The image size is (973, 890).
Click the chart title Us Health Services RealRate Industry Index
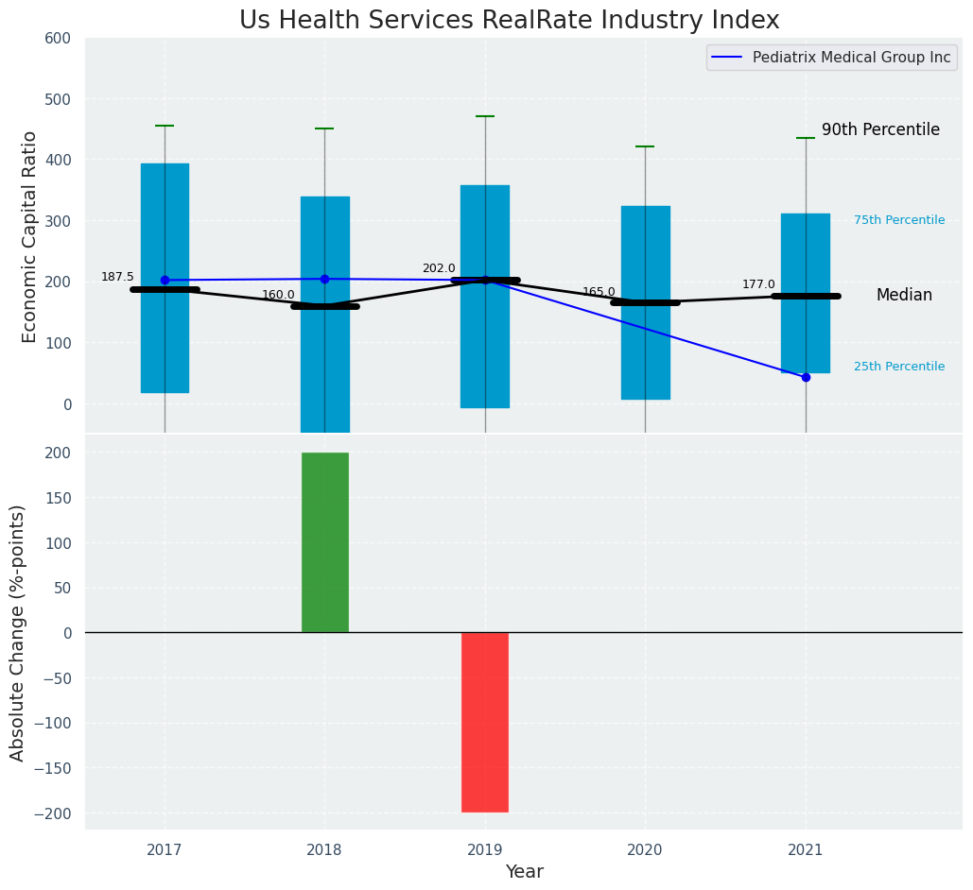[x=509, y=21]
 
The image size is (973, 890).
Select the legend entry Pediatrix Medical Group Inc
[x=851, y=58]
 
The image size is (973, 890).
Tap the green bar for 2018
[x=324, y=542]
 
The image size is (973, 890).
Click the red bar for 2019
[x=485, y=722]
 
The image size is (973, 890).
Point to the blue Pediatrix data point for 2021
[x=806, y=377]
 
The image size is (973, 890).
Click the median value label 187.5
[x=117, y=277]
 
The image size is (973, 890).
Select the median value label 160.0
[x=278, y=295]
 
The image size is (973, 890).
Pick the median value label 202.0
[x=439, y=268]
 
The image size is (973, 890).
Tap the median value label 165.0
[x=599, y=292]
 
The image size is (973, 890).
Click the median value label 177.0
[x=758, y=284]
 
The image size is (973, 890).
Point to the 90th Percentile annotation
[x=880, y=130]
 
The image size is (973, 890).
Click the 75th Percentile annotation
[x=898, y=220]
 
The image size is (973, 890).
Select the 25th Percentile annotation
[x=898, y=367]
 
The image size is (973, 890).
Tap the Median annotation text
[x=904, y=296]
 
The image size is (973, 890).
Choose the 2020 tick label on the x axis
[x=645, y=850]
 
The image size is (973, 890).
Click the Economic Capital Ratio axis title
[x=29, y=236]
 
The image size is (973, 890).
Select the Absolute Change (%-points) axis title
[x=18, y=632]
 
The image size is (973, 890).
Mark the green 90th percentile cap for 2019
[x=485, y=116]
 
